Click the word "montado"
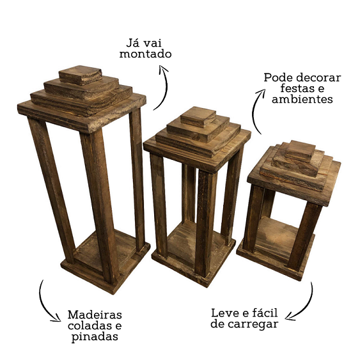click(145, 54)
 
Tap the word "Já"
click(132, 43)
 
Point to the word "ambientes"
click(302, 99)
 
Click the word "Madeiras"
click(95, 315)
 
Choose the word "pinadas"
click(95, 337)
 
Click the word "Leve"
click(224, 313)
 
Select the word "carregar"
click(253, 324)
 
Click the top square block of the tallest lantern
click(81, 75)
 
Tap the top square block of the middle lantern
click(198, 117)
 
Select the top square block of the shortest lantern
click(301, 151)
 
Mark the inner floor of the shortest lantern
click(276, 239)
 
